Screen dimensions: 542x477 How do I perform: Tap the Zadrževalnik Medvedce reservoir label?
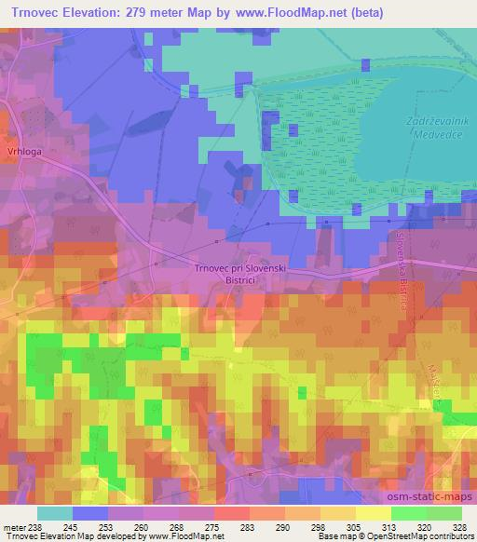(x=411, y=128)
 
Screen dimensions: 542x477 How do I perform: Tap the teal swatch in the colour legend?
(x=55, y=513)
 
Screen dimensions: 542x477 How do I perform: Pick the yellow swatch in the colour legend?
(x=373, y=513)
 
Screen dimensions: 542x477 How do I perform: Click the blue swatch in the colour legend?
(x=90, y=513)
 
